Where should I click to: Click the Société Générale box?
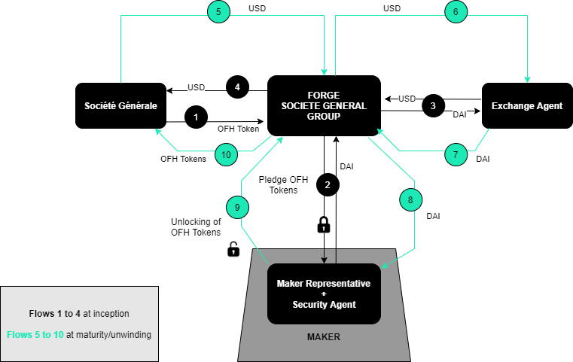[120, 105]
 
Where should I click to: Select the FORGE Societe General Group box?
[324, 105]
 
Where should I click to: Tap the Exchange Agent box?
[527, 105]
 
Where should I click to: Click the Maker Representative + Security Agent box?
[325, 294]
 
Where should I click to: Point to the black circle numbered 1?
[196, 117]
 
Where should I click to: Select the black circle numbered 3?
[433, 105]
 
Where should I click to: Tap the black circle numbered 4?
[237, 87]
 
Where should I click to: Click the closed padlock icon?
[324, 224]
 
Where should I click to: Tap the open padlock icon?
[233, 249]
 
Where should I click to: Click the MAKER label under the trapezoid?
[324, 336]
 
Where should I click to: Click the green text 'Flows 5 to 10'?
[35, 334]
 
